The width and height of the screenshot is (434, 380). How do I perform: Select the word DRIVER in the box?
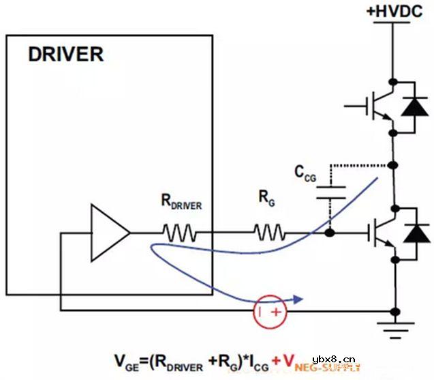pyautogui.click(x=65, y=55)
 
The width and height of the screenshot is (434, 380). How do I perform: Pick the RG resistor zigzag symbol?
pyautogui.click(x=270, y=234)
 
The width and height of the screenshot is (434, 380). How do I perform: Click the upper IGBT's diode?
pyautogui.click(x=412, y=106)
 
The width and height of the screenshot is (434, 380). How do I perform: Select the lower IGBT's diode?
pyautogui.click(x=413, y=234)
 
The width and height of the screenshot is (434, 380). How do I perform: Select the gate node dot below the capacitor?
pyautogui.click(x=330, y=234)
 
